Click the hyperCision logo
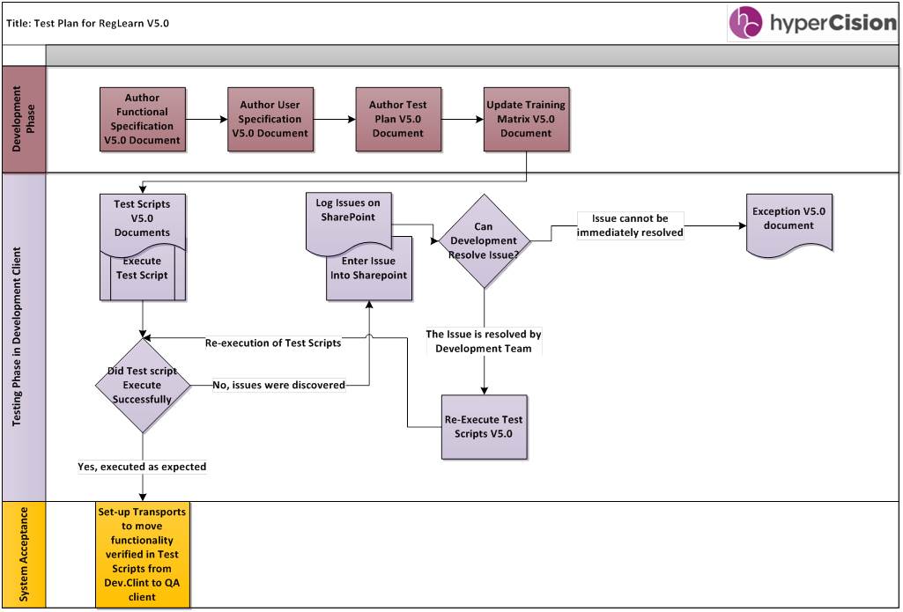(811, 23)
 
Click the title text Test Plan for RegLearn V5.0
(88, 23)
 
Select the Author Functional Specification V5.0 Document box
(143, 119)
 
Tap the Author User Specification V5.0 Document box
(270, 119)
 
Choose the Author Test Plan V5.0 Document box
(398, 119)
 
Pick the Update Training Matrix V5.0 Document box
(526, 119)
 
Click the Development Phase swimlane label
(23, 119)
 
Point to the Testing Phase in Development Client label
(23, 337)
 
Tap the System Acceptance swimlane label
(23, 554)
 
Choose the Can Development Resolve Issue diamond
(484, 241)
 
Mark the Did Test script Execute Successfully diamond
(143, 385)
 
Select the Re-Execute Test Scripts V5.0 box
(484, 427)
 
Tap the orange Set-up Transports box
(143, 554)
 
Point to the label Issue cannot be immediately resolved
(630, 225)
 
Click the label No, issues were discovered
(279, 385)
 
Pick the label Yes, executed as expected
(143, 467)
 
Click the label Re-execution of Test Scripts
(273, 343)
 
